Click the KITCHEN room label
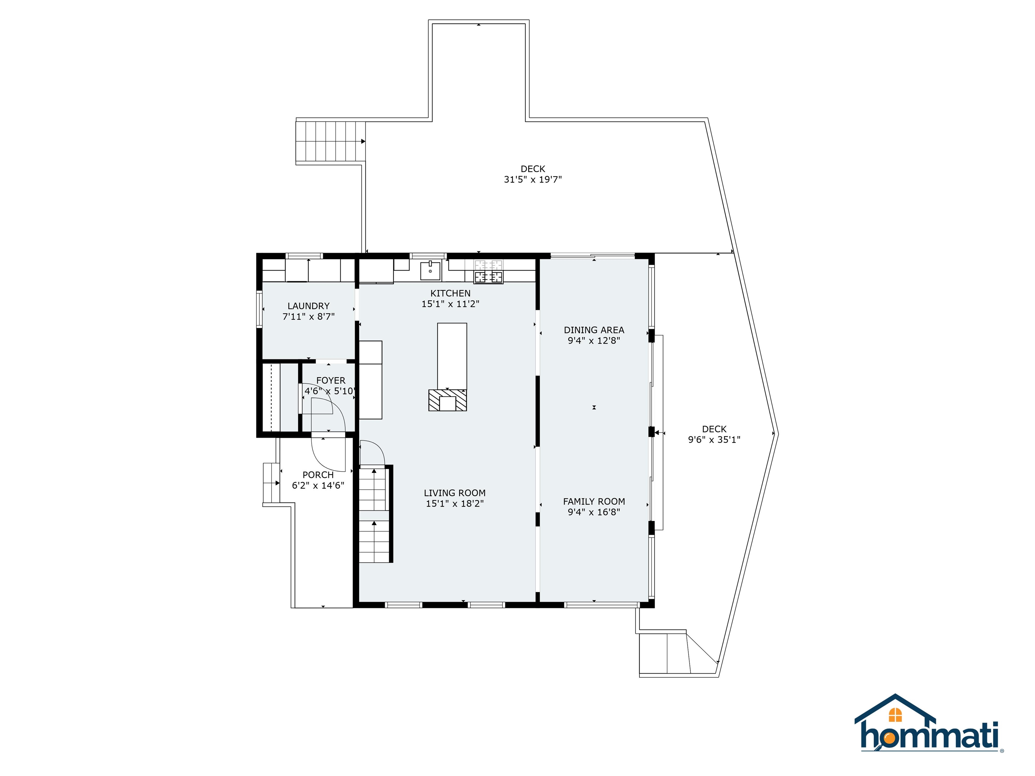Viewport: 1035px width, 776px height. point(450,293)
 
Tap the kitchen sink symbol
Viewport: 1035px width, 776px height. point(430,270)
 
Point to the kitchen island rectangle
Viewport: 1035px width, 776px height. point(451,355)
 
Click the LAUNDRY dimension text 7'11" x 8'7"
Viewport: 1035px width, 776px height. point(308,317)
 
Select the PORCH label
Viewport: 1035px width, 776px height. point(318,475)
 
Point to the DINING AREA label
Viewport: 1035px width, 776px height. point(594,330)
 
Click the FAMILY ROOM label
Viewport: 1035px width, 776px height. point(594,502)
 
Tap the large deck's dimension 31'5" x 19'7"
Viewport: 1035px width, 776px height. point(532,179)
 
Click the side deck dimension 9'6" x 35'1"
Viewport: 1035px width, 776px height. point(714,440)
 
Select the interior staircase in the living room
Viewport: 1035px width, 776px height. point(374,515)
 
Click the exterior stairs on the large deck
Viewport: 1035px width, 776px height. point(330,141)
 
